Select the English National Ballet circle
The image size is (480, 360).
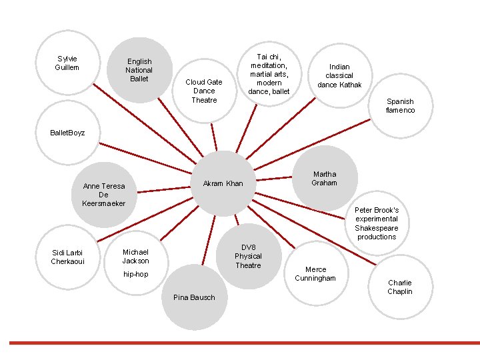[139, 70]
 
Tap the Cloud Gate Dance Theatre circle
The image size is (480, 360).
[204, 91]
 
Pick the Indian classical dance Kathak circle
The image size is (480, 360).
[339, 75]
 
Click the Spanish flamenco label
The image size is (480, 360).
[400, 106]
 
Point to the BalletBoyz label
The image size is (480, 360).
[67, 133]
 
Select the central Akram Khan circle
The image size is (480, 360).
[223, 183]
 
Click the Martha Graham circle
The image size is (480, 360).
[325, 178]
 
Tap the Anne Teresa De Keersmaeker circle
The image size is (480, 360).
[103, 194]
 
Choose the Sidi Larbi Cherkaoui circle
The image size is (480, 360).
[67, 257]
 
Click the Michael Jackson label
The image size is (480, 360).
[135, 256]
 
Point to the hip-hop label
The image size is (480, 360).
[135, 274]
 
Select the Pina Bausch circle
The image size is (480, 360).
[194, 297]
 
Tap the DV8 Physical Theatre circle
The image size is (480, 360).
[248, 256]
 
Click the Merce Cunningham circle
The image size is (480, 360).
[316, 273]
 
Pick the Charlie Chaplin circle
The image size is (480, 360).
[400, 287]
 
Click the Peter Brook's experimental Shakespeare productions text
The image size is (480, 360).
[377, 223]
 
